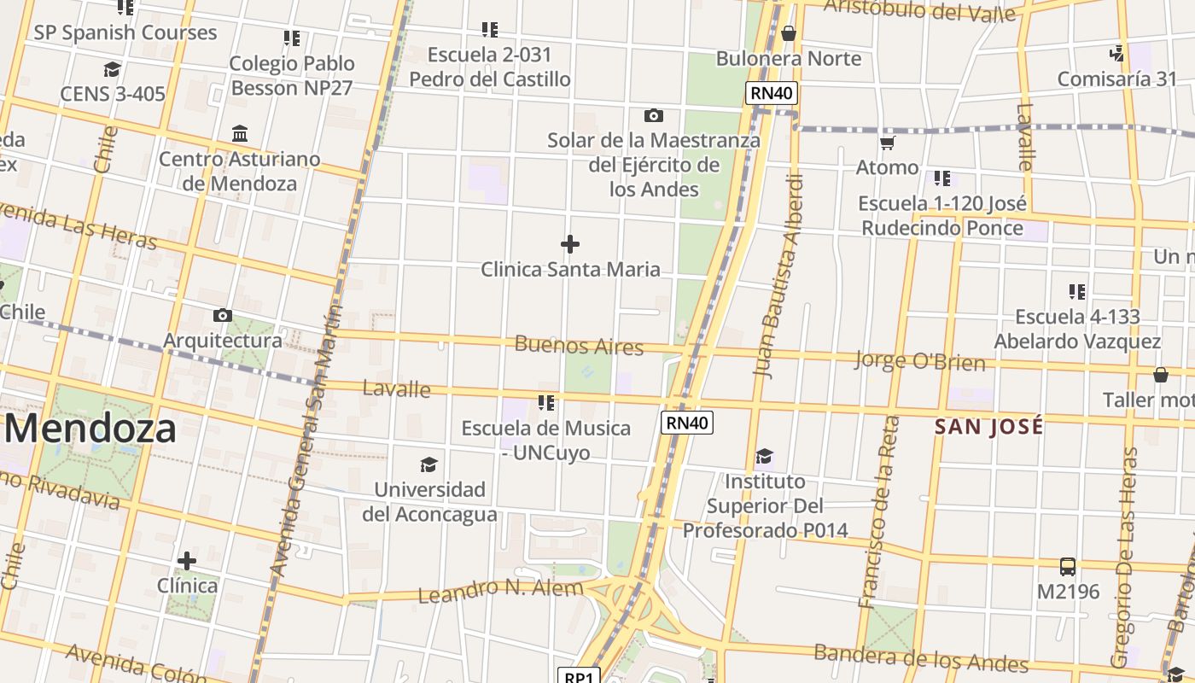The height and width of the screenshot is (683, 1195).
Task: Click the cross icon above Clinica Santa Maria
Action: (570, 245)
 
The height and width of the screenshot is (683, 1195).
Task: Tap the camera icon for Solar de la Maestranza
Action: (654, 115)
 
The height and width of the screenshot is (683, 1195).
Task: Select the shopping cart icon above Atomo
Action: (888, 143)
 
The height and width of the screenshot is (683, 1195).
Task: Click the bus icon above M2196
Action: (1068, 567)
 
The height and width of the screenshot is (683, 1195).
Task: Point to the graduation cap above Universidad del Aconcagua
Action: (429, 464)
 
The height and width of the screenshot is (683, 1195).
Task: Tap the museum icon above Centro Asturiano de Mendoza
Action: (240, 134)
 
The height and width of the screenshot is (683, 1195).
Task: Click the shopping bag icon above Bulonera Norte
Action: (789, 33)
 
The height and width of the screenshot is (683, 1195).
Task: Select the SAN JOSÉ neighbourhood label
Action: (989, 427)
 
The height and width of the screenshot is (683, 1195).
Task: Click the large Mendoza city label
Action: (90, 429)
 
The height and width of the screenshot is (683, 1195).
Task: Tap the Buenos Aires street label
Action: (579, 346)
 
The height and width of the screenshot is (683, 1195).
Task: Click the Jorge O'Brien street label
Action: (920, 361)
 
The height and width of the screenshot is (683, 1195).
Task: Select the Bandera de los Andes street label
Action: (921, 657)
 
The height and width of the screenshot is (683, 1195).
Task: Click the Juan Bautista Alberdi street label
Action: (776, 275)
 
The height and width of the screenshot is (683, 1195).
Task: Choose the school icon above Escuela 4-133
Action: (1077, 292)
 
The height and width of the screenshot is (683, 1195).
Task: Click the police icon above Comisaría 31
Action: (1116, 54)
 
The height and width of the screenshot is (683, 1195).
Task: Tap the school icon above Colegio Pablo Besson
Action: (292, 38)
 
